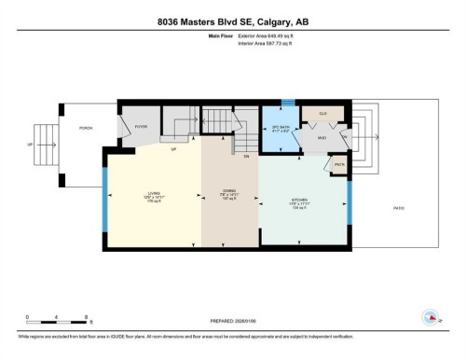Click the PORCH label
click(x=84, y=128)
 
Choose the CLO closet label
click(x=322, y=113)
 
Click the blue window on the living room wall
click(x=105, y=201)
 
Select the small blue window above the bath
click(x=288, y=102)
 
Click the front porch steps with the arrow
click(x=43, y=145)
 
